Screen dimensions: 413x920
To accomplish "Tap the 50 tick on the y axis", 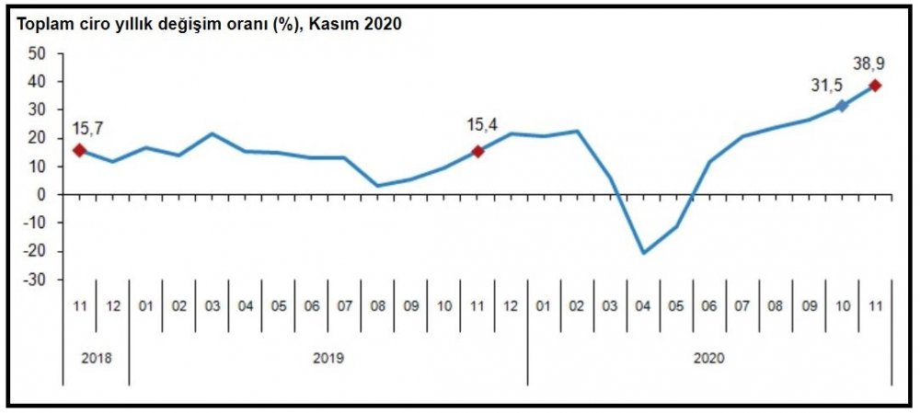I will [38, 53].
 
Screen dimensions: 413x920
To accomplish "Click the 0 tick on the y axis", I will [41, 195].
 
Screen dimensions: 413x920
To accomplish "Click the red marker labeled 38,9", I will [875, 86].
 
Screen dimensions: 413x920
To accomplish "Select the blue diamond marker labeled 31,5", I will [841, 106].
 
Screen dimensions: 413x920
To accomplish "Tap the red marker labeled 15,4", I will [477, 151].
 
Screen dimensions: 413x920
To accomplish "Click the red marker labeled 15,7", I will [79, 150].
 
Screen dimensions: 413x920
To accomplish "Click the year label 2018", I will [95, 357].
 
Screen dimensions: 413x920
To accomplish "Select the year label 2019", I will [328, 357].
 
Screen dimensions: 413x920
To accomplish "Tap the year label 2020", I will [708, 357].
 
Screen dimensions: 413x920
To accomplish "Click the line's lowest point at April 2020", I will [642, 253].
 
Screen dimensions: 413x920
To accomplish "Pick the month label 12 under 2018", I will [112, 306].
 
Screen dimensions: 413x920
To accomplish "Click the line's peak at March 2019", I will [212, 133].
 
